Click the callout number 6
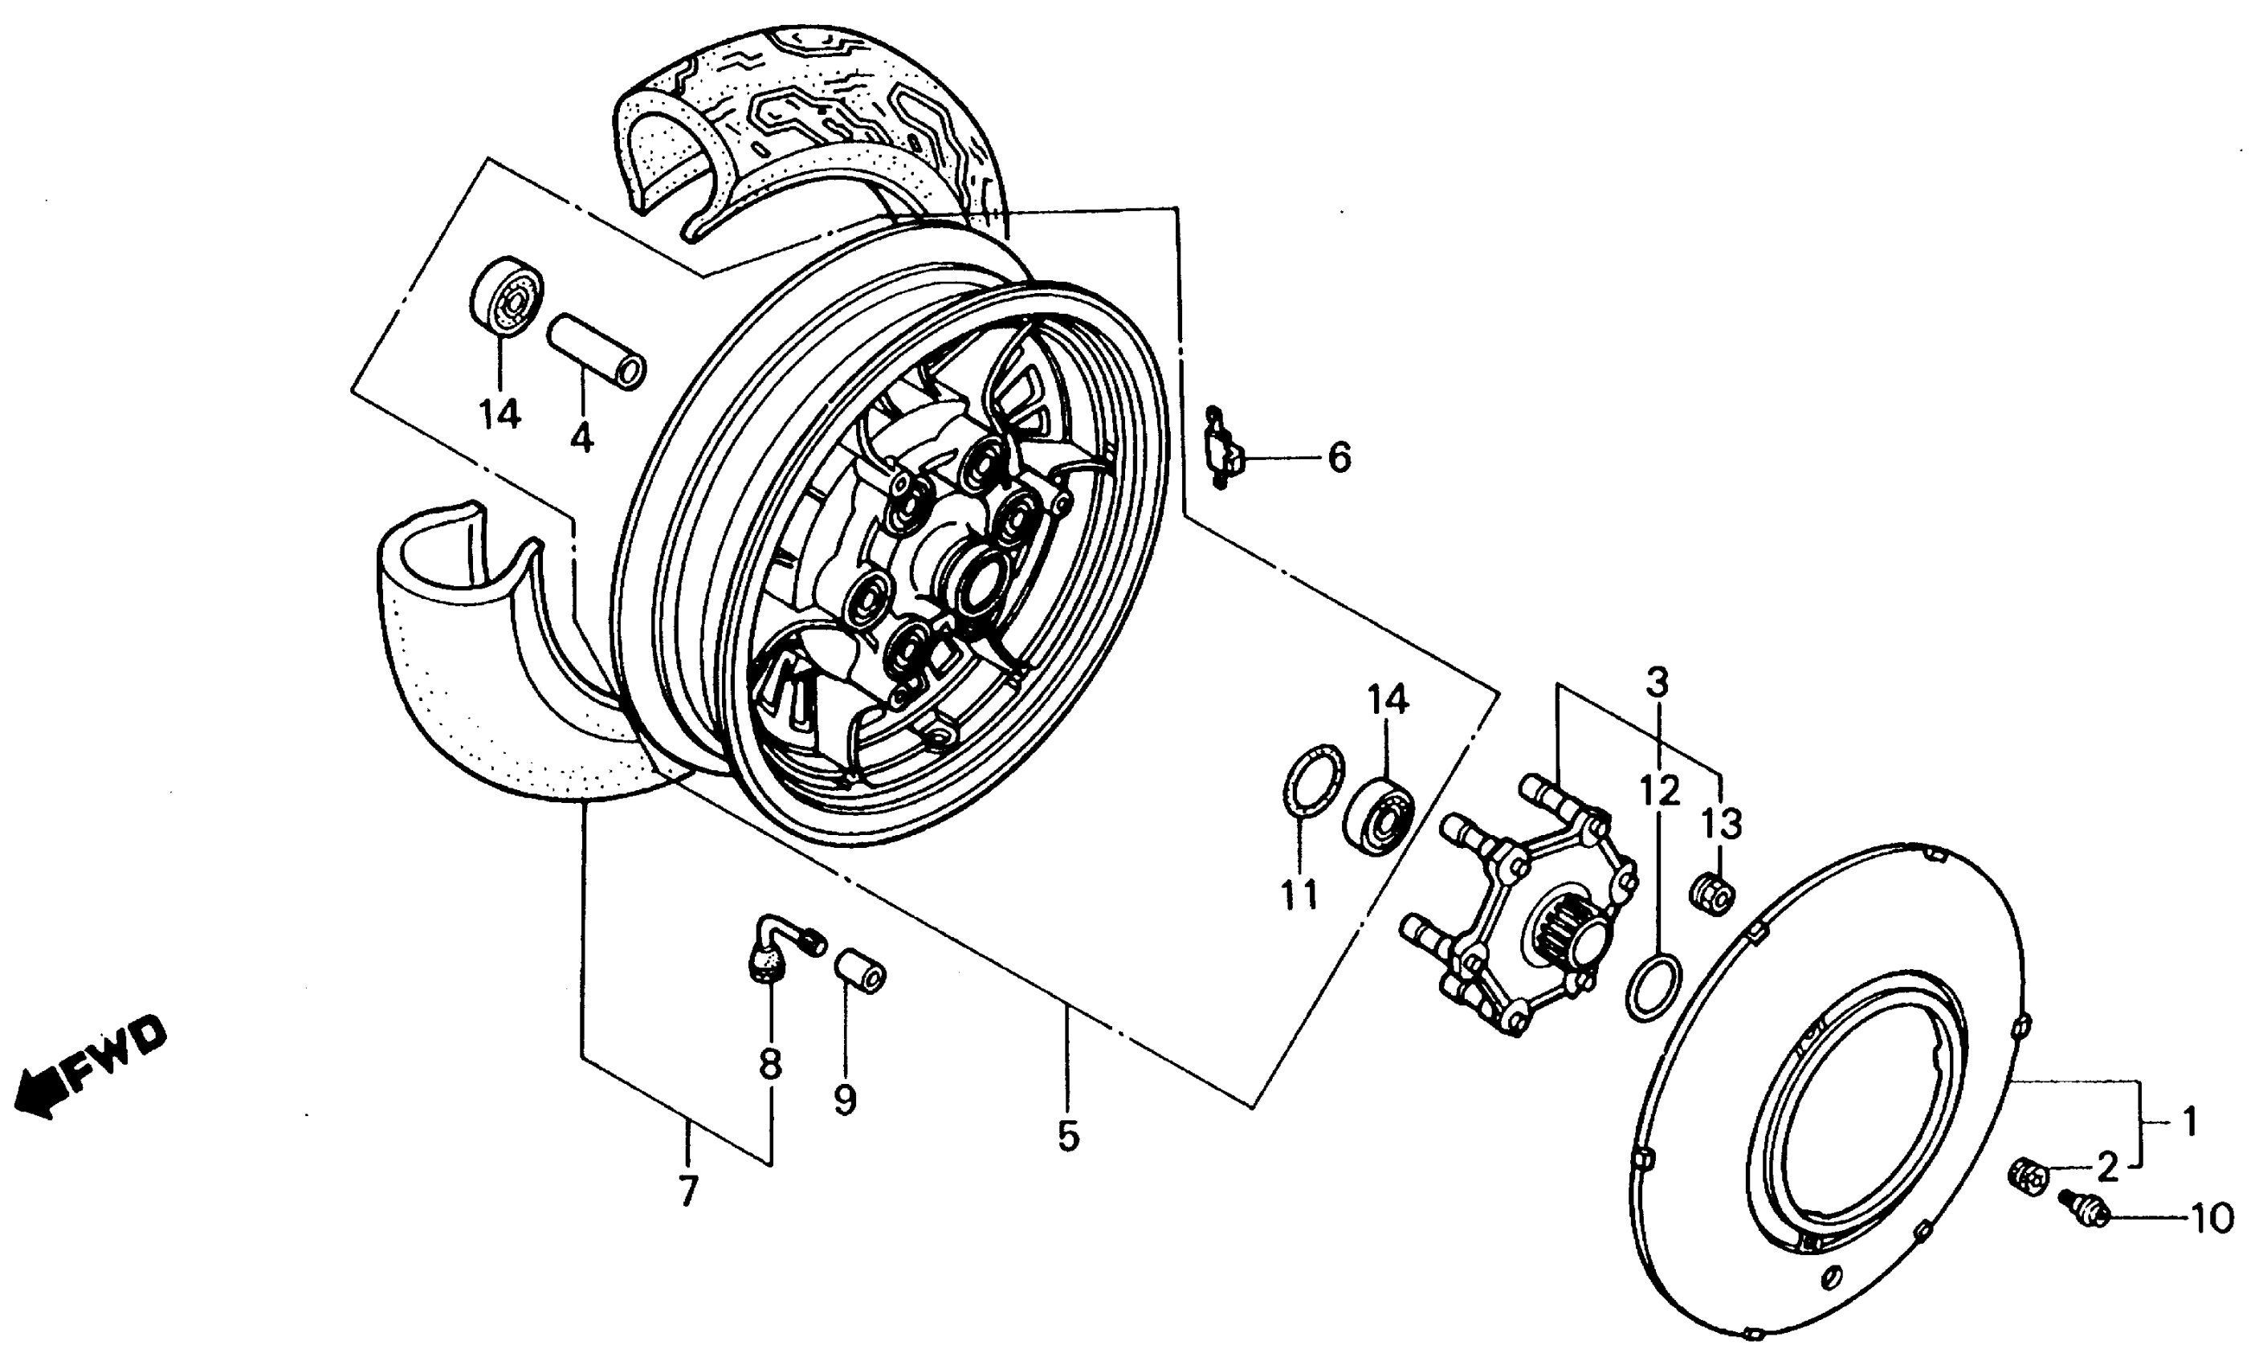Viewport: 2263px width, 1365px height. tap(1339, 457)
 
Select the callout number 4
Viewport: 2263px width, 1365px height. tap(581, 438)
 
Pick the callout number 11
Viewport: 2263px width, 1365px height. tap(1299, 894)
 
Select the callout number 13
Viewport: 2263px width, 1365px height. tap(1720, 824)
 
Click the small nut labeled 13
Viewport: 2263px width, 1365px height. tap(1711, 893)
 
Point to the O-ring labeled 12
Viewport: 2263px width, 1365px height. tap(1653, 987)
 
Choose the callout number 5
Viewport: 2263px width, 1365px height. tap(1066, 1136)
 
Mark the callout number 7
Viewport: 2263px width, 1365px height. tap(688, 1192)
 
